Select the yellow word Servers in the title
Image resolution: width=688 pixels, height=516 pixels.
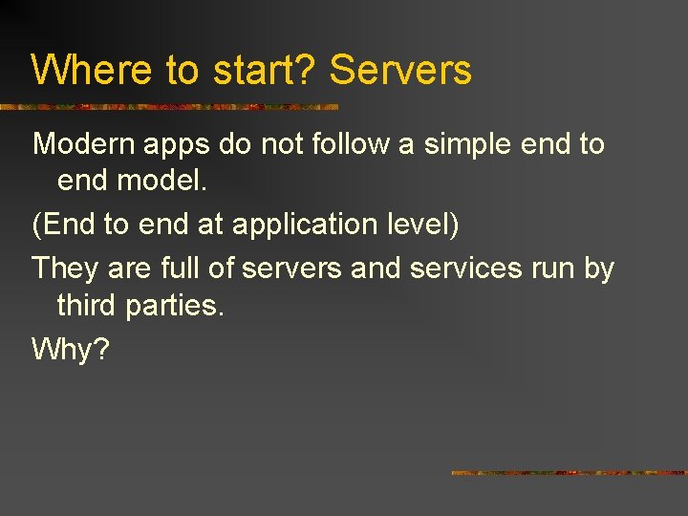[400, 71]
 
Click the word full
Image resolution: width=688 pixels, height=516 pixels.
[181, 268]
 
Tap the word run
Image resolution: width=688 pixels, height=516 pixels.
[554, 269]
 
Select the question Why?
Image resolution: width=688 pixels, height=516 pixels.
[71, 350]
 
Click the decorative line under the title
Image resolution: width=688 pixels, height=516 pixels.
[169, 106]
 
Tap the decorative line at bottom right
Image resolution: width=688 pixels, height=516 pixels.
[569, 473]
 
